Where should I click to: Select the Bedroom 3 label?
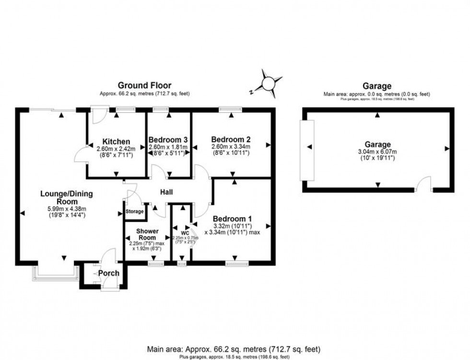click(x=168, y=140)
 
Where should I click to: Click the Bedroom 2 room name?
click(x=231, y=139)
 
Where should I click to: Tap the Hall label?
click(x=166, y=192)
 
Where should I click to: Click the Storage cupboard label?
click(x=134, y=211)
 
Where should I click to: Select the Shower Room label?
click(x=147, y=234)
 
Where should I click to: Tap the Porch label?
click(x=108, y=273)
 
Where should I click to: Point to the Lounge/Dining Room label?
click(x=66, y=197)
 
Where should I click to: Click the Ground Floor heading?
click(x=144, y=86)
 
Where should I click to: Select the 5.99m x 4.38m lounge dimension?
click(x=66, y=209)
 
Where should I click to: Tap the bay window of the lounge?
click(x=56, y=274)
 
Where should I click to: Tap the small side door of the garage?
click(x=424, y=185)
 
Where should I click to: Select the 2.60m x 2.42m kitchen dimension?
click(x=116, y=149)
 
